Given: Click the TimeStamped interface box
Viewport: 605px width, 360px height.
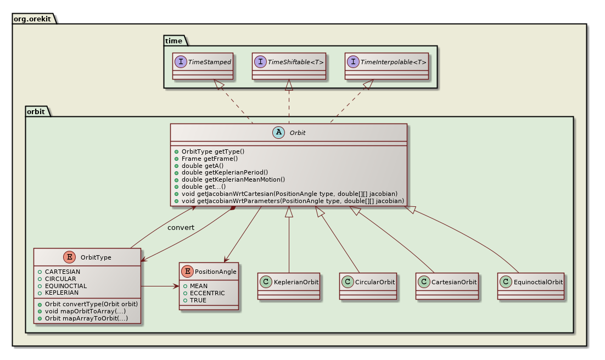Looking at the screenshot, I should pyautogui.click(x=203, y=66).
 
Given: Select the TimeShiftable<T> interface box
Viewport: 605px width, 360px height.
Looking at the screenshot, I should pyautogui.click(x=289, y=66).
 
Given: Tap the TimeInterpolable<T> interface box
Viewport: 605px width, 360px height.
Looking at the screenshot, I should pyautogui.click(x=386, y=66).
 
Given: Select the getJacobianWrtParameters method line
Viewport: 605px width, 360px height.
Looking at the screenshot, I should pyautogui.click(x=289, y=201).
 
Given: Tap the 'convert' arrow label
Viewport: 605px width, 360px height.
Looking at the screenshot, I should pyautogui.click(x=181, y=227).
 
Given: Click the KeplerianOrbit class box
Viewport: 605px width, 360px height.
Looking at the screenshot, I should pyautogui.click(x=289, y=285).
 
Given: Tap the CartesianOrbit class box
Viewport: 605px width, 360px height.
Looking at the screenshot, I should pyautogui.click(x=447, y=285).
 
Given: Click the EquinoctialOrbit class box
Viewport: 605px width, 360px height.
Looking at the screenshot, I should pyautogui.click(x=531, y=285).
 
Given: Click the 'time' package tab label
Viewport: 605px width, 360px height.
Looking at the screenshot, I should pyautogui.click(x=174, y=40).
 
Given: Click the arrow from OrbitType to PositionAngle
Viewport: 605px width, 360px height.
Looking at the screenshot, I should pyautogui.click(x=160, y=286).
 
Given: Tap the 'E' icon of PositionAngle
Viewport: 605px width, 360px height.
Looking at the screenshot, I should pyautogui.click(x=188, y=271).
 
